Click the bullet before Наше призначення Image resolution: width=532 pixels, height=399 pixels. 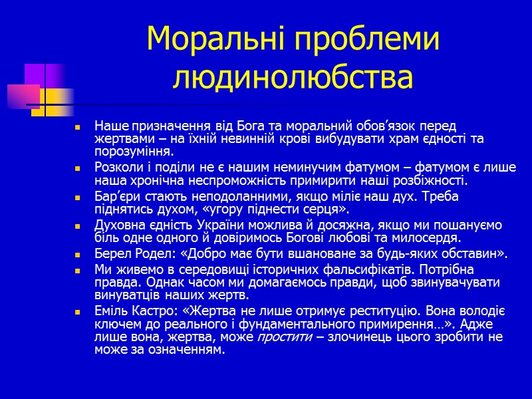pyautogui.click(x=78, y=126)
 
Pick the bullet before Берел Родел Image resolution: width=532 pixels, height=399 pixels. pyautogui.click(x=78, y=254)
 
